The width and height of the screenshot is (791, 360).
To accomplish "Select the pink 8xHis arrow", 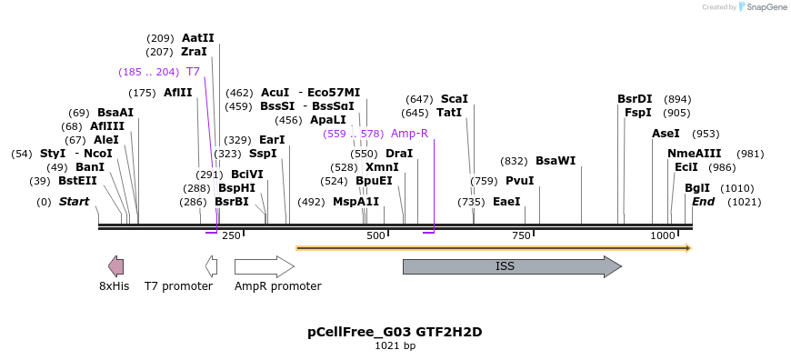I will pyautogui.click(x=115, y=266).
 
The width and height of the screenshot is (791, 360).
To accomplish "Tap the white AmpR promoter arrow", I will pyautogui.click(x=264, y=266).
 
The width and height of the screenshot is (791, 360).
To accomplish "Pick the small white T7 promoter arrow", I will pyautogui.click(x=212, y=266).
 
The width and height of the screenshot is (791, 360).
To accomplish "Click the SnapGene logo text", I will pyautogui.click(x=765, y=7).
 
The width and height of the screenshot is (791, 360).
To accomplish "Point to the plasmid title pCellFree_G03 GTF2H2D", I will pyautogui.click(x=395, y=332).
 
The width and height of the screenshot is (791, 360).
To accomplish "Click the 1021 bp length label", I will pyautogui.click(x=395, y=346).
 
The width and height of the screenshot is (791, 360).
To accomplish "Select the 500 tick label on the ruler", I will pyautogui.click(x=375, y=236).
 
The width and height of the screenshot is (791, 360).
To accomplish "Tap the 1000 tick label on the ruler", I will pyautogui.click(x=663, y=236).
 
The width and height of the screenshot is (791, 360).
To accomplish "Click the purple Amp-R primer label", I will pyautogui.click(x=409, y=134).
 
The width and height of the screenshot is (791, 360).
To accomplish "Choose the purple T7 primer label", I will pyautogui.click(x=193, y=72).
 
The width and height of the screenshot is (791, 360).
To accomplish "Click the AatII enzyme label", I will pyautogui.click(x=197, y=38).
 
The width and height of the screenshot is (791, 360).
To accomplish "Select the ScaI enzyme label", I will pyautogui.click(x=454, y=99).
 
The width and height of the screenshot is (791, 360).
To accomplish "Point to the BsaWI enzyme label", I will pyautogui.click(x=555, y=161).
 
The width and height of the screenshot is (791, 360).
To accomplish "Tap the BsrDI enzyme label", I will pyautogui.click(x=635, y=99).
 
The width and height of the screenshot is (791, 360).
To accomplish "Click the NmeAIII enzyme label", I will pyautogui.click(x=694, y=154).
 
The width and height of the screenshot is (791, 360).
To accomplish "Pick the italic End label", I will pyautogui.click(x=703, y=202).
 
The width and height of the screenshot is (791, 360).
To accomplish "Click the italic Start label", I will pyautogui.click(x=74, y=202).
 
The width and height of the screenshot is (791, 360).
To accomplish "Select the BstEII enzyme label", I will pyautogui.click(x=77, y=181).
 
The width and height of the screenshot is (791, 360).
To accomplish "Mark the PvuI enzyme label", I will pyautogui.click(x=519, y=181).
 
